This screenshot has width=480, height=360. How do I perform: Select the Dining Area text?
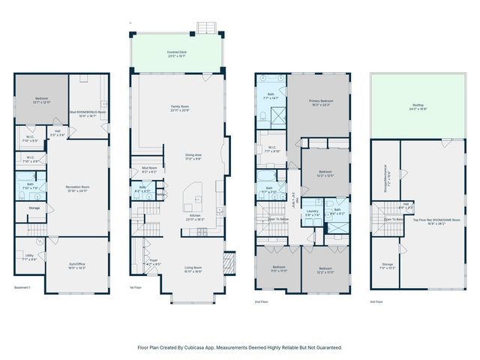point(193,156)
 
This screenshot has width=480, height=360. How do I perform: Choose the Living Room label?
point(193,269)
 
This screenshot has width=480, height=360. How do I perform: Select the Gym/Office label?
point(77,265)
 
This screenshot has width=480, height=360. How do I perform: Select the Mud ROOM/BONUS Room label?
point(88,114)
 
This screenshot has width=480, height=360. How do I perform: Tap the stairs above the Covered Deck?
point(205,28)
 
